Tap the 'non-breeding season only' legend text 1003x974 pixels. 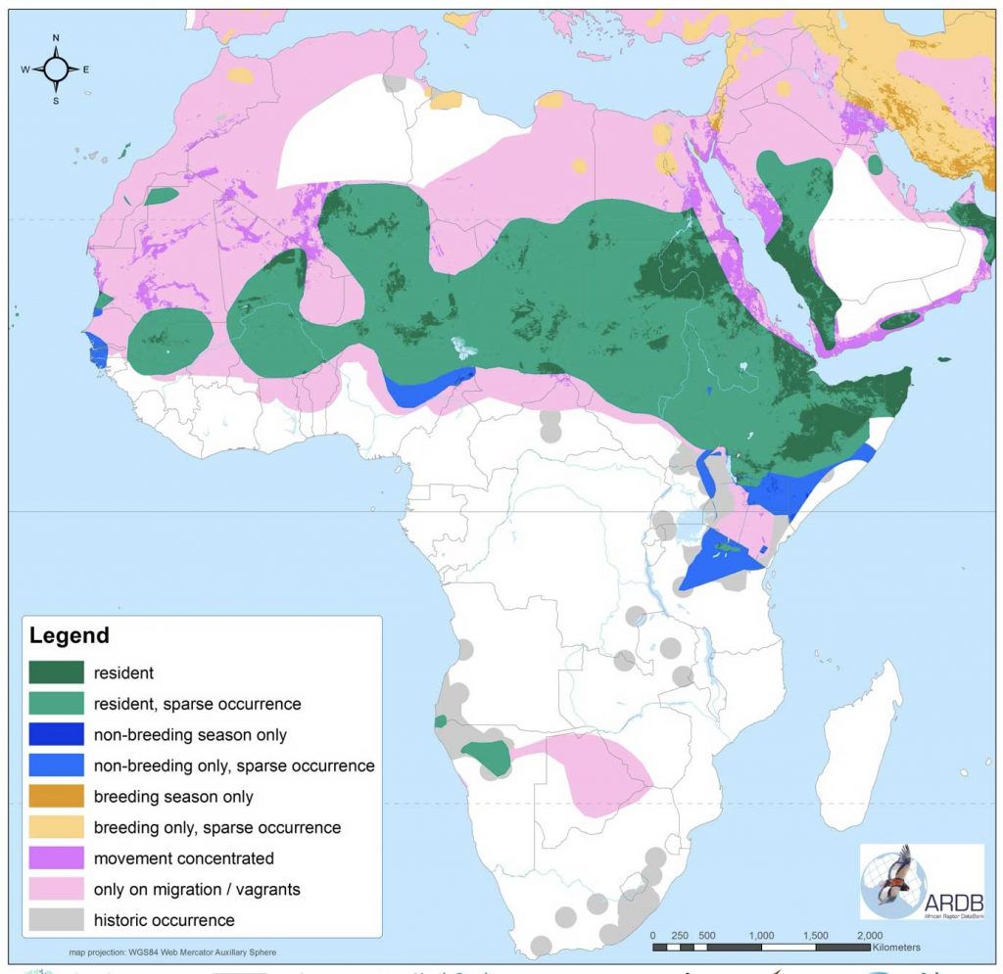(x=190, y=734)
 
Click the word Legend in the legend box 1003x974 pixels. (x=70, y=635)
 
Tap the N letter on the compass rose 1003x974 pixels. (x=56, y=38)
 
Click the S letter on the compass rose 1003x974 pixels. (x=56, y=101)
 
